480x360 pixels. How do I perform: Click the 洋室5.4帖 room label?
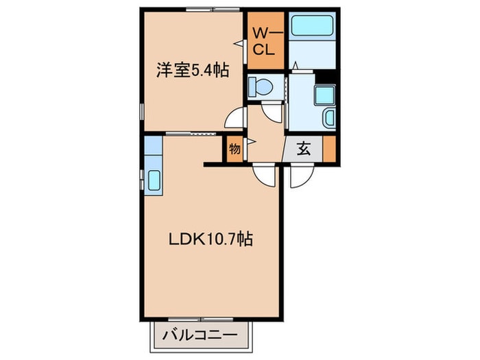click(x=193, y=69)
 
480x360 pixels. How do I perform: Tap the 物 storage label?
click(x=235, y=148)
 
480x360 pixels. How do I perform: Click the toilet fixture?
click(x=261, y=87)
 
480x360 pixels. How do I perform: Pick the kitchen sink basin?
click(x=153, y=180)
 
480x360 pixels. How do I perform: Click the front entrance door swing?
click(x=300, y=176)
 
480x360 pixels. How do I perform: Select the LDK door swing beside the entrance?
click(x=264, y=175)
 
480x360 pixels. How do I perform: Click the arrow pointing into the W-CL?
click(x=241, y=43)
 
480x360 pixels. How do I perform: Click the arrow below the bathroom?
click(x=296, y=65)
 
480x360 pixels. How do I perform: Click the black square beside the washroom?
click(x=331, y=77)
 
